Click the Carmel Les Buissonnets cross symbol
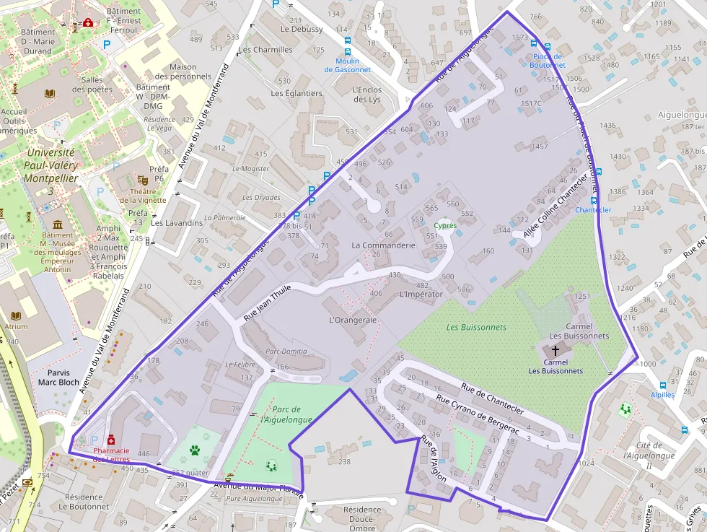pos(555,349)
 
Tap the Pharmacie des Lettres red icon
pos(111,440)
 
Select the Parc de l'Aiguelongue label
pos(286,414)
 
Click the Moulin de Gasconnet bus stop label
pos(347,65)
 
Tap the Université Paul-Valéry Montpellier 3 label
pos(50,171)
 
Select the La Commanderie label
pos(383,245)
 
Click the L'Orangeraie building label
pos(353,320)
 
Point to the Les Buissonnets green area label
pos(476,327)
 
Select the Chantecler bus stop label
pos(593,210)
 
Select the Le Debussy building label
pos(302,30)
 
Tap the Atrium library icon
pos(17,315)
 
